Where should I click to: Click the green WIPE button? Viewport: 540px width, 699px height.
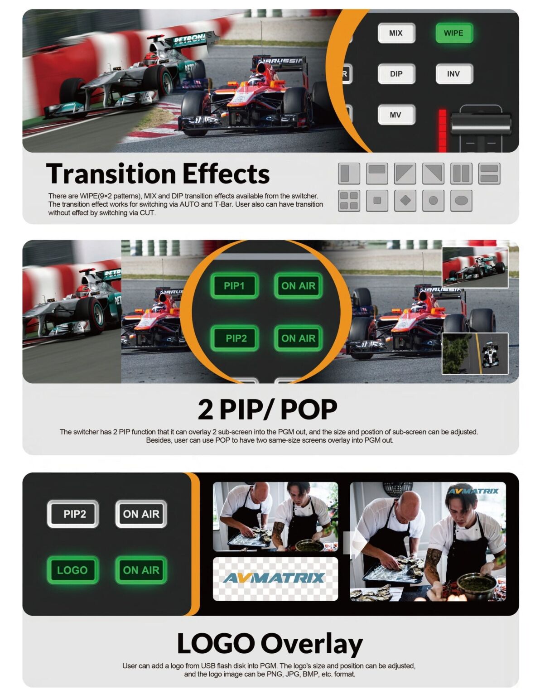point(453,33)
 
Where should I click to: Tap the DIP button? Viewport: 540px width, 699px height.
point(396,74)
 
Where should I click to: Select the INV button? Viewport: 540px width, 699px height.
point(453,74)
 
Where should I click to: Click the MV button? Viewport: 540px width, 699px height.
point(396,115)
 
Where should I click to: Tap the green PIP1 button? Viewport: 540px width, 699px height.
point(234,286)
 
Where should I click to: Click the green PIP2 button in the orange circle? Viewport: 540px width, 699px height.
point(236,338)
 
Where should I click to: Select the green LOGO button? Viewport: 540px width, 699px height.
point(72,570)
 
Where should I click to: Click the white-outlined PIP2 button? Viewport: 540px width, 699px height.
point(73,514)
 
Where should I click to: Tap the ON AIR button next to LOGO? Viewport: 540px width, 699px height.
point(141,570)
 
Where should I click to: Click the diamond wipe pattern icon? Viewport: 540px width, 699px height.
point(405,200)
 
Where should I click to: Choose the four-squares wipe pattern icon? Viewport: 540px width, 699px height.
point(349,200)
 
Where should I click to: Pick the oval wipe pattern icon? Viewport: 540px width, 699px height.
point(461,200)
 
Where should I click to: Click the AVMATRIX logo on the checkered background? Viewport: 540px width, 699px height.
point(275,578)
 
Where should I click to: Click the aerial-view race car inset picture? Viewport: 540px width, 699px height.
point(475,353)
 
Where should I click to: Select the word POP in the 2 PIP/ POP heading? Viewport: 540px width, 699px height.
point(309,410)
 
